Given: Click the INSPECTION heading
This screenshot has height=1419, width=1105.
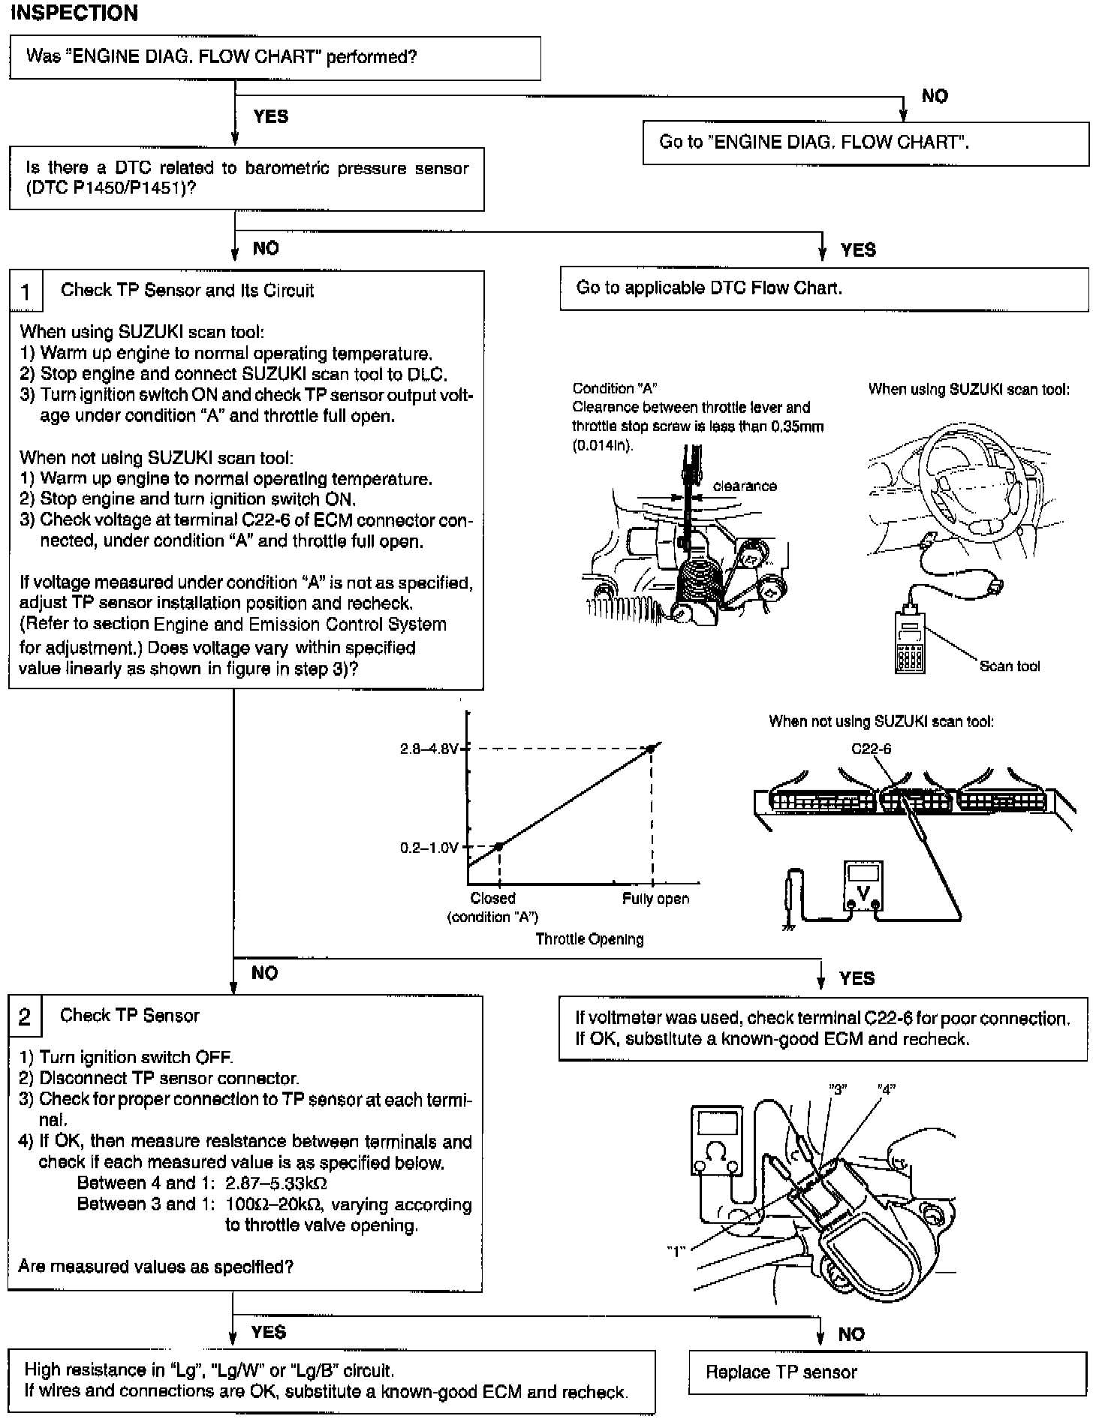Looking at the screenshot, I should pyautogui.click(x=74, y=13).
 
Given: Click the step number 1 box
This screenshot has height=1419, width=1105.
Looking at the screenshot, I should pyautogui.click(x=26, y=291).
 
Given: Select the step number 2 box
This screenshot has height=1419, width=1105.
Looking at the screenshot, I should pyautogui.click(x=25, y=1017).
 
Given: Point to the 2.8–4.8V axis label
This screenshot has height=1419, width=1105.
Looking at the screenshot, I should pyautogui.click(x=429, y=749).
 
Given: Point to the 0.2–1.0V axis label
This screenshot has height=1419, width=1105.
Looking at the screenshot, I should pyautogui.click(x=429, y=848).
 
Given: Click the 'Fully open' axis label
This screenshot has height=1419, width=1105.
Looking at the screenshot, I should pyautogui.click(x=655, y=899).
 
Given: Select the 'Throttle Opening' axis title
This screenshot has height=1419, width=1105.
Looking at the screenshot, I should pyautogui.click(x=589, y=939).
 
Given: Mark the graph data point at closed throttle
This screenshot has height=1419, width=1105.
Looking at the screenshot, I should pyautogui.click(x=498, y=846).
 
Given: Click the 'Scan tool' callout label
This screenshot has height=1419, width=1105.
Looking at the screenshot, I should pyautogui.click(x=1010, y=666).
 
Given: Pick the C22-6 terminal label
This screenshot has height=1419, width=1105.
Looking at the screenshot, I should pyautogui.click(x=871, y=749).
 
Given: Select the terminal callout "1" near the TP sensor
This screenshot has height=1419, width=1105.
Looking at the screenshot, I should pyautogui.click(x=676, y=1252).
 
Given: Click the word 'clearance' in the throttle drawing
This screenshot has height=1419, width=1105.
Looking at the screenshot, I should pyautogui.click(x=745, y=486).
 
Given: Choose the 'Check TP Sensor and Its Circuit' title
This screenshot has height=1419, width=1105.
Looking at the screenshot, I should pyautogui.click(x=187, y=291).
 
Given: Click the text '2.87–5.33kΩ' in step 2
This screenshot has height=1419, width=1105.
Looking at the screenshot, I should pyautogui.click(x=275, y=1183).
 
